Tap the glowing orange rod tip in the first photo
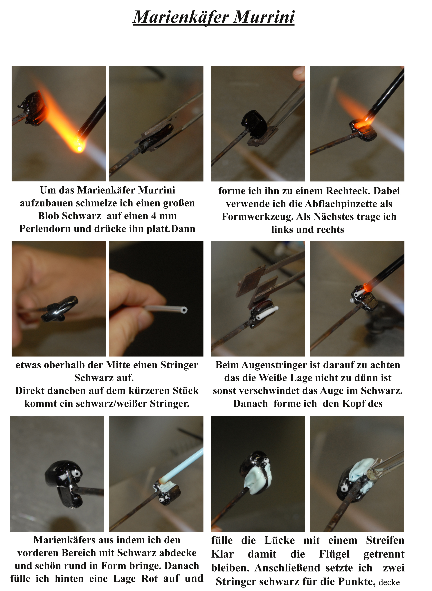pyautogui.click(x=79, y=148)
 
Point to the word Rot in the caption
pyautogui.click(x=150, y=578)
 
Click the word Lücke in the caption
pyautogui.click(x=280, y=540)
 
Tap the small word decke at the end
pyautogui.click(x=389, y=582)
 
